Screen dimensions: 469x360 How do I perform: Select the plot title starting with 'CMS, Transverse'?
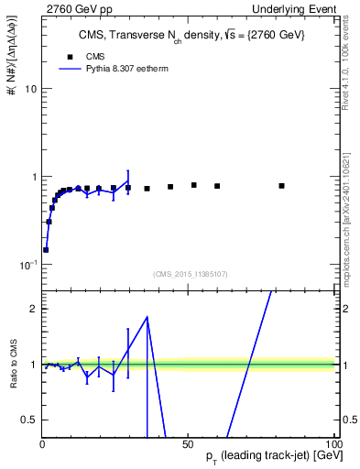186,36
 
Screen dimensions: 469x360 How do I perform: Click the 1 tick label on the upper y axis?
32,177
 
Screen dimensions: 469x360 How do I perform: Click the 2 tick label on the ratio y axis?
32,310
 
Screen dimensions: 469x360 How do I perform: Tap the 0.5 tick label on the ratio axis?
27,420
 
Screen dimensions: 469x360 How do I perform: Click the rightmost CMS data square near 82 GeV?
281,186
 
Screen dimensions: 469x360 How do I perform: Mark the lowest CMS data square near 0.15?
46,249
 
